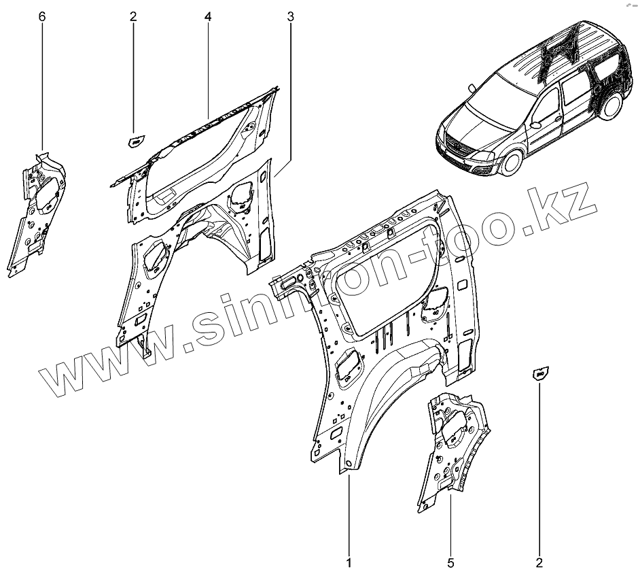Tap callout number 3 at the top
(291, 16)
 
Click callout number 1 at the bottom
(349, 562)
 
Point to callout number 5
(450, 562)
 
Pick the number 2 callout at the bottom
(539, 562)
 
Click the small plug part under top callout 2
(135, 141)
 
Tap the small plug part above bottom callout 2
(541, 372)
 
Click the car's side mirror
(536, 126)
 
